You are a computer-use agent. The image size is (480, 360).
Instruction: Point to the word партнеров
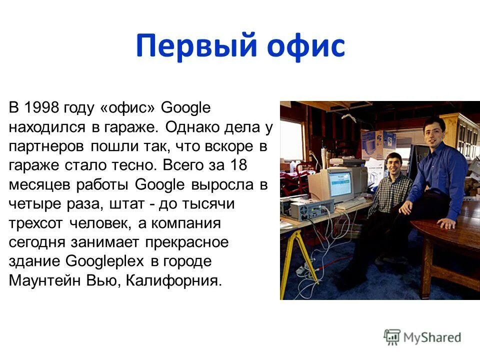47,147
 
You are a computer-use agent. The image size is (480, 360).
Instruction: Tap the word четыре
33,204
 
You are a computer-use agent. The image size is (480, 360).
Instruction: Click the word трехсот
36,223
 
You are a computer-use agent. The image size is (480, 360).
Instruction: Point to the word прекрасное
187,242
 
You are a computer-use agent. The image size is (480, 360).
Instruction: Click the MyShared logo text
432,337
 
